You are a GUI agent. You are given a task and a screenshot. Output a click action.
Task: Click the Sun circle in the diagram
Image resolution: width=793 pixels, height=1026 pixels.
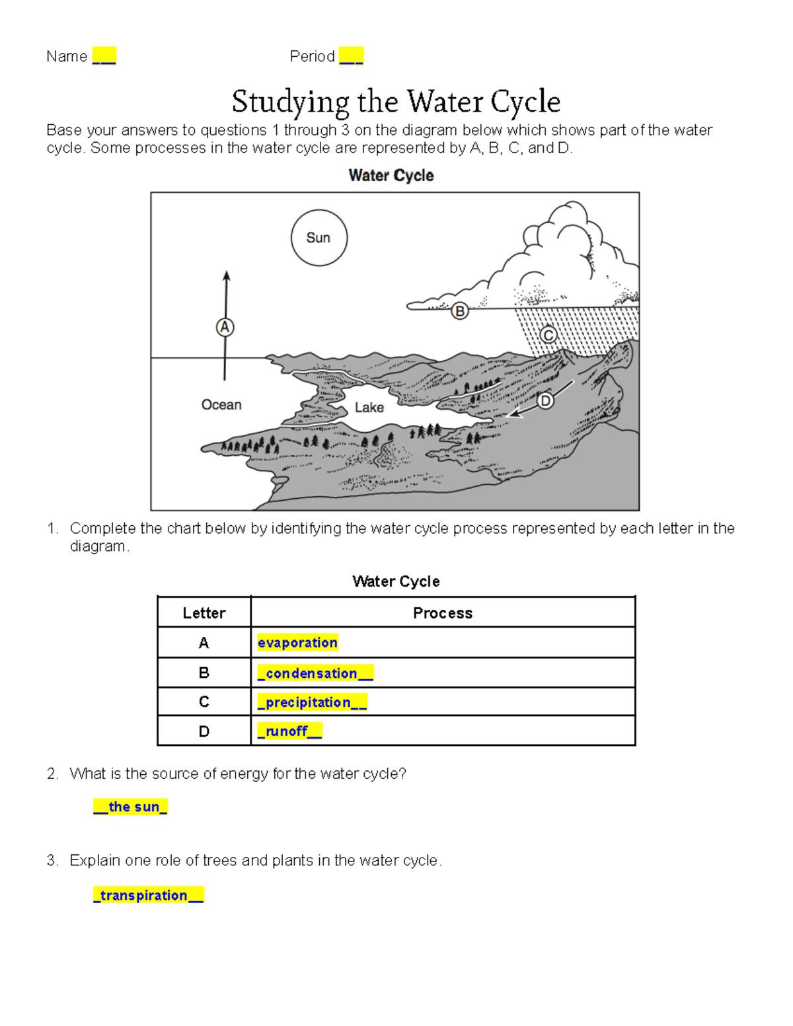[x=319, y=238]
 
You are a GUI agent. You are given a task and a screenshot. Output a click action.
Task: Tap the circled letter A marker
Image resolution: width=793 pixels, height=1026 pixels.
[x=225, y=327]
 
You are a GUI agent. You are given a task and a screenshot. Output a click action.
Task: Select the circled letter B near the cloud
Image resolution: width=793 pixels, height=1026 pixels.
[x=459, y=311]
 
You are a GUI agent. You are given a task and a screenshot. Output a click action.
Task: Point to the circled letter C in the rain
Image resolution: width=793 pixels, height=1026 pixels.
[x=548, y=335]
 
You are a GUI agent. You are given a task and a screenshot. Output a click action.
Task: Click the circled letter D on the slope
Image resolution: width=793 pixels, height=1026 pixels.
[x=545, y=400]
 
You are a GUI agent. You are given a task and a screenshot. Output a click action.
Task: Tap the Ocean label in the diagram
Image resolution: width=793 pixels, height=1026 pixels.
[x=221, y=404]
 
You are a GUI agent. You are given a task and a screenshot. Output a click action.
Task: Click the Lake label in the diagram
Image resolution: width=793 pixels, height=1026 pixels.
[x=369, y=408]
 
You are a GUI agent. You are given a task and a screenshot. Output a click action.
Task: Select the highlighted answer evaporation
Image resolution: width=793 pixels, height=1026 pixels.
[x=297, y=643]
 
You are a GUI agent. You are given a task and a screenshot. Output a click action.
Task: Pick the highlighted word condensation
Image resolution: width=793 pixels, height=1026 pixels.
[x=315, y=673]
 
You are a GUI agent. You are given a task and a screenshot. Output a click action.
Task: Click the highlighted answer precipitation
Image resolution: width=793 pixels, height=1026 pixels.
[x=311, y=702]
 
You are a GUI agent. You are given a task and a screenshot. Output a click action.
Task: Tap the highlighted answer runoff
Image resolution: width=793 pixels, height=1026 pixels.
[x=289, y=731]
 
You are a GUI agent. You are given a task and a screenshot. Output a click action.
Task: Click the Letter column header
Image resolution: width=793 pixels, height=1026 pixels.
[x=204, y=613]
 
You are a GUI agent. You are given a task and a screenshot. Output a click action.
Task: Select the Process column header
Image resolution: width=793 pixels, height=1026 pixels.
[x=442, y=613]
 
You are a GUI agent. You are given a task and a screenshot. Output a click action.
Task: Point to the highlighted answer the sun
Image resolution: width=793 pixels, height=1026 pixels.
[x=130, y=807]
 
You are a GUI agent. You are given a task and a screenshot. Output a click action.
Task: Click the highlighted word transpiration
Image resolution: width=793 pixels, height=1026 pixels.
[x=148, y=895]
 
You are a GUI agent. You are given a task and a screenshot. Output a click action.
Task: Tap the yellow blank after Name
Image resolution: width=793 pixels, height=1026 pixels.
[x=104, y=56]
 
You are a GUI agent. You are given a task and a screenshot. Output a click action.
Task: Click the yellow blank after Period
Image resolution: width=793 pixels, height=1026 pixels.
[x=351, y=56]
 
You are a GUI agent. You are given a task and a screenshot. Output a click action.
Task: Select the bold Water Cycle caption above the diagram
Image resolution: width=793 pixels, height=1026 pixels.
[x=391, y=176]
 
